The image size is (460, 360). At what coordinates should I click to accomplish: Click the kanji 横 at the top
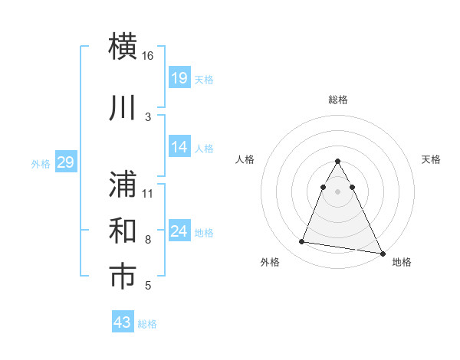coord(123,46)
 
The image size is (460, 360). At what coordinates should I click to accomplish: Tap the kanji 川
coord(123,108)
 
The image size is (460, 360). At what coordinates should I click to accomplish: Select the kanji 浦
coord(123,184)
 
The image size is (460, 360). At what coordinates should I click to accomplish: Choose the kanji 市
coord(123,277)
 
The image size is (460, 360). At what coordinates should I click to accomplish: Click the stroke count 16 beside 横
coord(148,56)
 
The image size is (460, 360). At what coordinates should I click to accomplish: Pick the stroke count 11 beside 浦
coord(148,193)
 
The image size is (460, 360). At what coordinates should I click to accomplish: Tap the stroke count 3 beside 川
coord(148,116)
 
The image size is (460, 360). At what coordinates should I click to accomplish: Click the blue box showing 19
coord(179,77)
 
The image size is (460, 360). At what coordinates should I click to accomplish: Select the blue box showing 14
coord(179,147)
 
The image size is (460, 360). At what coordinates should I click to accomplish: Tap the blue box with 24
coord(179,231)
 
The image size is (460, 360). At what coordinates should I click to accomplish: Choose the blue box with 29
coord(65,162)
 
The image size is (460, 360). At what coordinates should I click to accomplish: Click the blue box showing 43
coord(123,322)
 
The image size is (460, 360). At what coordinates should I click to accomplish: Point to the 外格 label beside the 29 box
coord(41,163)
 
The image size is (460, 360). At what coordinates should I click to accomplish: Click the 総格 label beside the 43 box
coord(147,324)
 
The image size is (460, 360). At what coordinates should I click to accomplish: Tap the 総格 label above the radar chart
coord(338,100)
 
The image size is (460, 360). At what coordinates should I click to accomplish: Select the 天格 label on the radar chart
coord(432,159)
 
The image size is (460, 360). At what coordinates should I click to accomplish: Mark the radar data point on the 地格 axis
coord(383,253)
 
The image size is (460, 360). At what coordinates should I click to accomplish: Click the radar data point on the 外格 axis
coord(302,242)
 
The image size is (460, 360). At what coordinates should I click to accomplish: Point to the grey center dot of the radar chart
coord(338,191)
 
